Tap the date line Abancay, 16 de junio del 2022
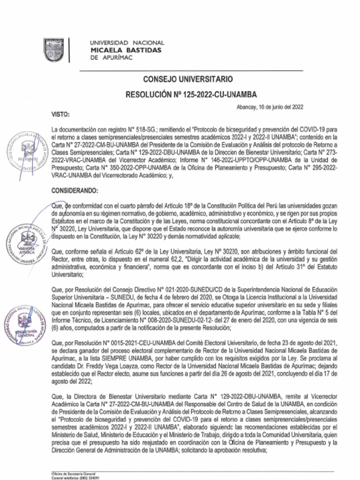tap(270, 107)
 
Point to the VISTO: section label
tap(60, 114)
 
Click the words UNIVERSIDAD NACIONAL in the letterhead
tap(127, 43)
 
